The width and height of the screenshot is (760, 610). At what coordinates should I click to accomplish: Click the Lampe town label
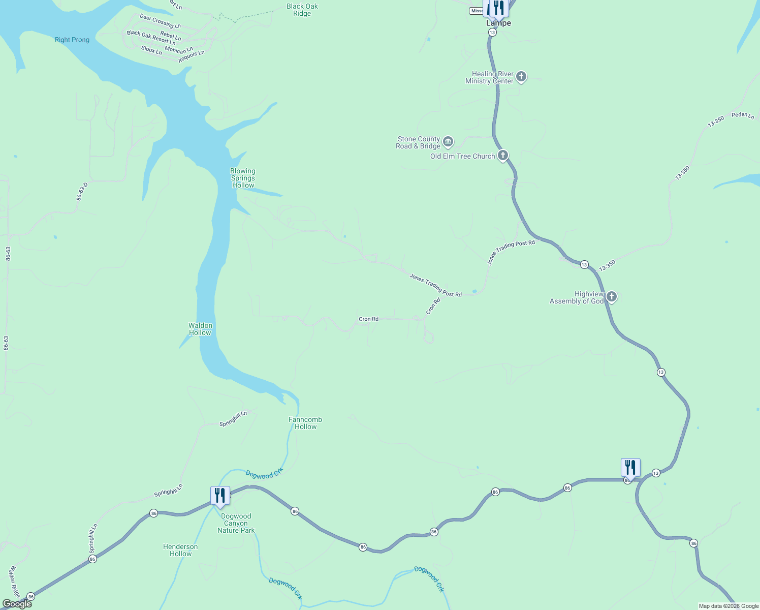[498, 23]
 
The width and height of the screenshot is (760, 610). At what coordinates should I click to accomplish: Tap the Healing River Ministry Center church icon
[521, 77]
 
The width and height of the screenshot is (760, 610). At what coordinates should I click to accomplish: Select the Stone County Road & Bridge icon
[448, 141]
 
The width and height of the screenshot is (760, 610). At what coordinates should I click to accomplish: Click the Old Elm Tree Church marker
[502, 155]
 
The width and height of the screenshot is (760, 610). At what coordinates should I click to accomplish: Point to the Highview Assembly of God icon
[611, 296]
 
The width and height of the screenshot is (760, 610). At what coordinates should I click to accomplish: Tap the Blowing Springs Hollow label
[243, 178]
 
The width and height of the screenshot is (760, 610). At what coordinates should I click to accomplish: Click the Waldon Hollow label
[200, 329]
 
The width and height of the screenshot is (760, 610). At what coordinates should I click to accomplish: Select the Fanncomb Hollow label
[305, 423]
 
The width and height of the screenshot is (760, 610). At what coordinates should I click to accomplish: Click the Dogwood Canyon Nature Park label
[236, 523]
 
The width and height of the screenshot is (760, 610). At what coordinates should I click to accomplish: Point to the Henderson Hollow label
[180, 550]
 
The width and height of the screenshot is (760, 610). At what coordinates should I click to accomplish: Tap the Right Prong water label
[72, 40]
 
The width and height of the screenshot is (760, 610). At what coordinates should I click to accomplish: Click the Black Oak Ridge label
[302, 10]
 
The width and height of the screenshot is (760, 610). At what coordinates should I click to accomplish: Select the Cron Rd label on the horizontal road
[368, 319]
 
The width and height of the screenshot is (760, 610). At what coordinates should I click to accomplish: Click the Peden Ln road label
[743, 115]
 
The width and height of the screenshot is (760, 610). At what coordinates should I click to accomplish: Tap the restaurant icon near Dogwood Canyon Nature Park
[220, 495]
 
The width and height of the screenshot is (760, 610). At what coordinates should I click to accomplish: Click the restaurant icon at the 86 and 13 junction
[630, 467]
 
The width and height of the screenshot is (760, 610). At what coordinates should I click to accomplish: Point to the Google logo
[17, 604]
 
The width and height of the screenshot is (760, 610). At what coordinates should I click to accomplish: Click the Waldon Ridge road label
[15, 582]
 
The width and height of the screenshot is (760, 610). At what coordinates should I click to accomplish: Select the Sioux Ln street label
[151, 50]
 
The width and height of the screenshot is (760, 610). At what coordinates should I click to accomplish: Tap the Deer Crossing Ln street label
[160, 21]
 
